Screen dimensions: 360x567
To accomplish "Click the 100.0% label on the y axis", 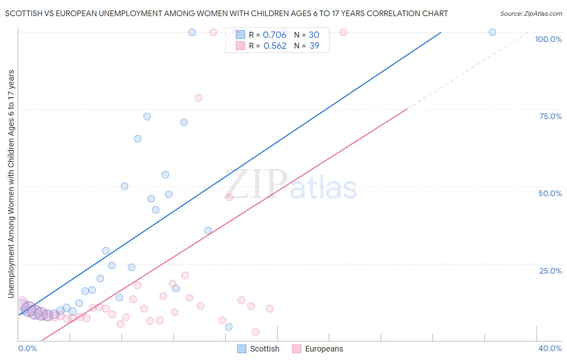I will tap(548, 39).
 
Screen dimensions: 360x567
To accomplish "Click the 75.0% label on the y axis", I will tap(550, 116).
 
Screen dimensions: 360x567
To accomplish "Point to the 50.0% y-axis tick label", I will tap(550, 193).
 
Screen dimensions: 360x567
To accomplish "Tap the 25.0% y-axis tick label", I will tap(550, 270).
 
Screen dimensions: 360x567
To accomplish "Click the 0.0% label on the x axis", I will tap(27, 348).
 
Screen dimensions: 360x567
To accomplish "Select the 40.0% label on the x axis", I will tap(550, 348).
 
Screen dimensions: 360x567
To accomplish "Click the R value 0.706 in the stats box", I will tap(274, 35).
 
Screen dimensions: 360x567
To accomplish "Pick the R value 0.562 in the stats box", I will tap(275, 46).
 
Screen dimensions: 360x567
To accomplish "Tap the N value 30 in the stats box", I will tap(314, 35).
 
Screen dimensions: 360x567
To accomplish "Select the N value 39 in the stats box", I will tap(314, 46).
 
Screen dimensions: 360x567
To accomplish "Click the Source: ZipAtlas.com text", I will tap(531, 13).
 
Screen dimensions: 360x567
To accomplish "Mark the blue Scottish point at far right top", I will tap(492, 32).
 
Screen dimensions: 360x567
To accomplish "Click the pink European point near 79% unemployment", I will tap(198, 98).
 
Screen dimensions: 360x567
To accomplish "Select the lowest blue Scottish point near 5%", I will tap(229, 327).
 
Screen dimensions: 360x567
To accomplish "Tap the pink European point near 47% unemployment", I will tap(229, 197).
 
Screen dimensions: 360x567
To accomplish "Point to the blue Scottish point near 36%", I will tap(208, 230).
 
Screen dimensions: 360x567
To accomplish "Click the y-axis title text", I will tap(11, 184).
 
